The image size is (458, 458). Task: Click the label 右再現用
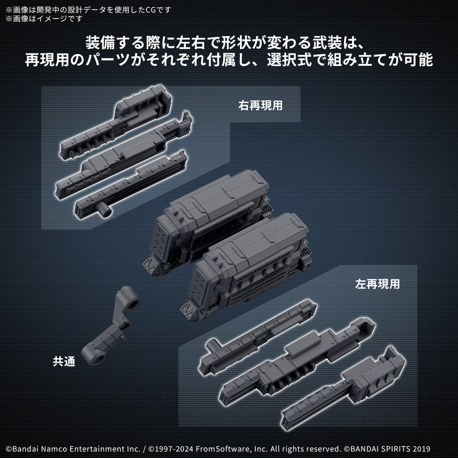(260, 105)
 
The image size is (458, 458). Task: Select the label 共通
(64, 361)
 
